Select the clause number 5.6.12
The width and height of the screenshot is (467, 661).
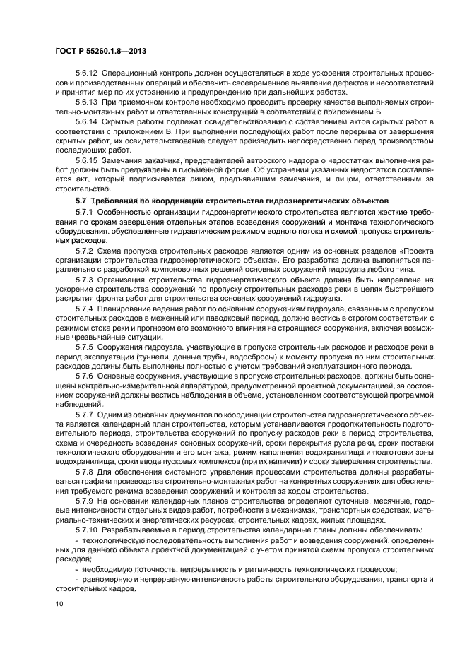point(86,73)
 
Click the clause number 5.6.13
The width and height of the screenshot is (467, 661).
point(86,102)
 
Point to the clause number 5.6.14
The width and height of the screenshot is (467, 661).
point(86,121)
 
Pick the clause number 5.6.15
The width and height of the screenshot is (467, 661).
point(86,160)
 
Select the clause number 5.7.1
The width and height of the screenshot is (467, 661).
point(84,211)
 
